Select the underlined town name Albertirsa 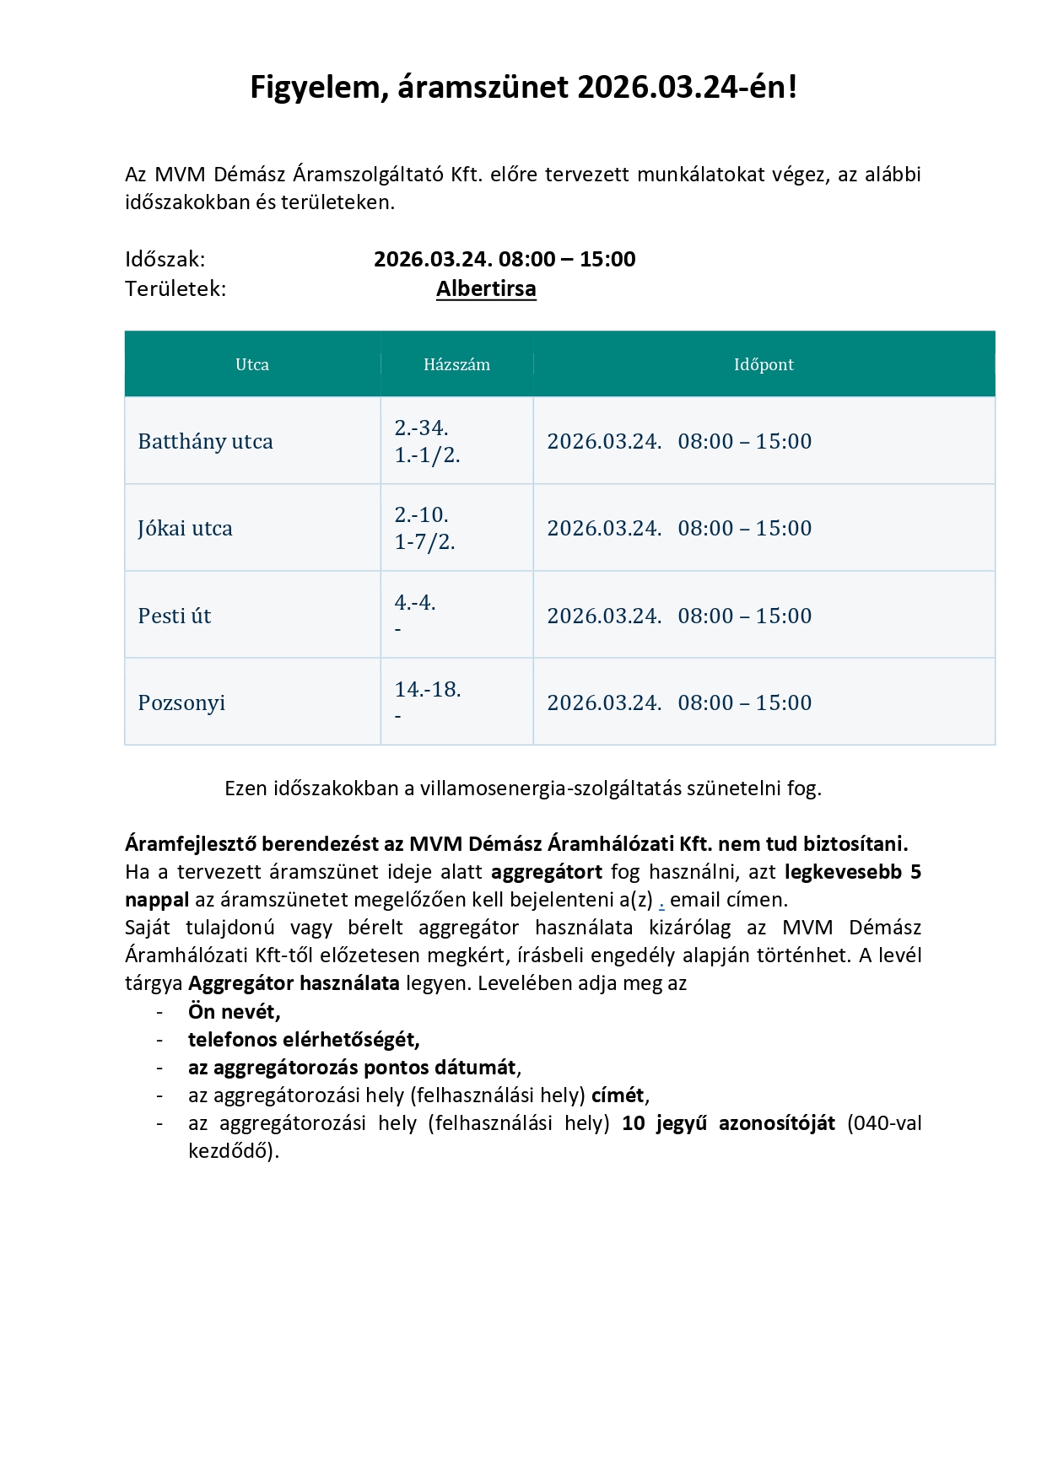486,288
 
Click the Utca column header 252,364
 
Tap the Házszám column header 456,364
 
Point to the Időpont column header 764,364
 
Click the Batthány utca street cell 205,441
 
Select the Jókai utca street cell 185,529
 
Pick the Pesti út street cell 174,616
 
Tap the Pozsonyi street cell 181,702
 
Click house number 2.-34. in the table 421,428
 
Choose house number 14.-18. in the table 428,689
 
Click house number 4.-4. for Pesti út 415,602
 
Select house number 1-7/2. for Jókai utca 424,542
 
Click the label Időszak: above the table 165,259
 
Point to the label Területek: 175,288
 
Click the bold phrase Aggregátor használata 294,983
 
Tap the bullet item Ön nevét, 234,1011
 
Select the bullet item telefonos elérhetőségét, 304,1039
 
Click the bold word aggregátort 547,872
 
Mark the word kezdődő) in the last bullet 233,1151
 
